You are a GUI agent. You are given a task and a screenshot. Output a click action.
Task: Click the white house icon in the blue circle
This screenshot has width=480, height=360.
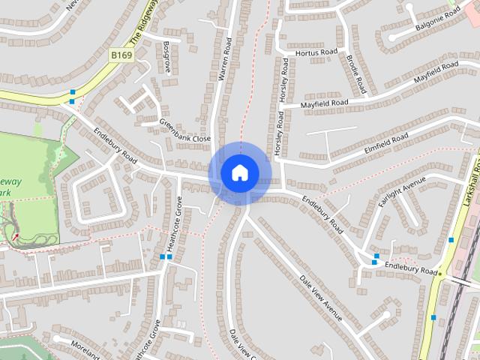239,172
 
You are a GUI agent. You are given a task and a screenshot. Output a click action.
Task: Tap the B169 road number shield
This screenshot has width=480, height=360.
121,55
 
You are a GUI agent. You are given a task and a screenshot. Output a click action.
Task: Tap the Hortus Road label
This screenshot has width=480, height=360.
317,53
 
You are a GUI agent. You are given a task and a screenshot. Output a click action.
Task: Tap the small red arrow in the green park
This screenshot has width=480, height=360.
16,236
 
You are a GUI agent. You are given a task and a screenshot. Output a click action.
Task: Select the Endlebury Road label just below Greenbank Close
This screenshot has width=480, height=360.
116,145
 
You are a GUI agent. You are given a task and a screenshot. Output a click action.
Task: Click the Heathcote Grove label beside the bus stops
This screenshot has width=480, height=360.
173,232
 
